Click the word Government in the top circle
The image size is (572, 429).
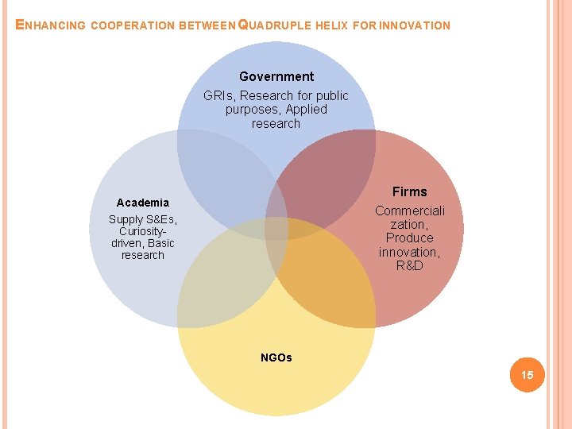pos(276,77)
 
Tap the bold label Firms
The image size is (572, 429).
pos(409,191)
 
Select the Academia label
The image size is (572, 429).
pos(143,203)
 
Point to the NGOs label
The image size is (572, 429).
pos(276,357)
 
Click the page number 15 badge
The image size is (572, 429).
pos(527,374)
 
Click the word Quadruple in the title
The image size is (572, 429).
pos(276,25)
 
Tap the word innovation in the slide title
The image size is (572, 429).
pos(414,25)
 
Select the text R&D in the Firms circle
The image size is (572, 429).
pos(410,265)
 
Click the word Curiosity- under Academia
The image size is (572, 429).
pos(143,231)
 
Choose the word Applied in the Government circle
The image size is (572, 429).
pos(306,110)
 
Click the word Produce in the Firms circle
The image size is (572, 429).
pos(410,238)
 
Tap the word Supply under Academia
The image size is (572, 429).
pos(126,219)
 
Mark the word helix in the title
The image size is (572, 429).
pos(331,25)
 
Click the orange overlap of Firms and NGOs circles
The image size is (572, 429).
pos(326,278)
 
